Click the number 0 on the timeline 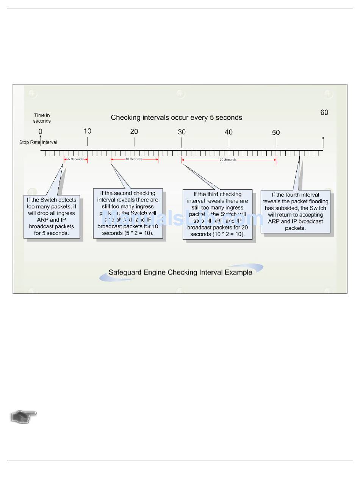40,131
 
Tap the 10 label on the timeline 87,131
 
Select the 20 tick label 134,131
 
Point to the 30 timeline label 182,132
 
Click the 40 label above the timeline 229,132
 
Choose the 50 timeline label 276,132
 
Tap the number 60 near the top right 324,112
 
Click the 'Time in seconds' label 42,118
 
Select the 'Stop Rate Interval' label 38,142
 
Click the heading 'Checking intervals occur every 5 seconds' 176,118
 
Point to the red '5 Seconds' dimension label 76,159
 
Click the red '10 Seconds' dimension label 134,159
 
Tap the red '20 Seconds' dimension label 228,160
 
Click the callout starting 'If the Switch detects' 52,217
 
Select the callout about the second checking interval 128,214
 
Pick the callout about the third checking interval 218,215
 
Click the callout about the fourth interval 295,212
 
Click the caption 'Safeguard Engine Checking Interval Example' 180,272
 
